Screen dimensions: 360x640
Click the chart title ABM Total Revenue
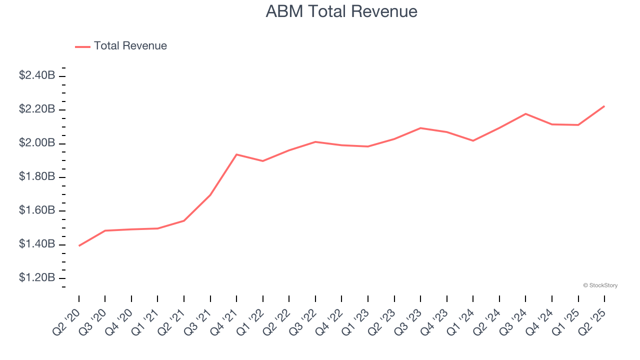click(x=341, y=11)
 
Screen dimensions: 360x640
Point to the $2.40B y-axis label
click(x=37, y=75)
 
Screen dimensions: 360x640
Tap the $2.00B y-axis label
click(x=37, y=143)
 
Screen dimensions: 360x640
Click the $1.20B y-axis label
click(x=37, y=277)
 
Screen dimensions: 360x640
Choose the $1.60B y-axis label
click(x=37, y=210)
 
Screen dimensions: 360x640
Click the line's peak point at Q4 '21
click(x=236, y=154)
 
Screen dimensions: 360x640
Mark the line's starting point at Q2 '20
click(x=79, y=245)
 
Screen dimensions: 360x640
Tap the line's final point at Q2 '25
click(x=604, y=106)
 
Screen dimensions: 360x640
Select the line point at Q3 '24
click(x=525, y=114)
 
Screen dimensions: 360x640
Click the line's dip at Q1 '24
click(x=473, y=140)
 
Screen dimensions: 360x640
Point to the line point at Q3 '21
click(x=210, y=195)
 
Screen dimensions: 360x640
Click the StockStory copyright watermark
click(x=600, y=285)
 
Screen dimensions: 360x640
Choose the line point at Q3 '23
click(x=420, y=128)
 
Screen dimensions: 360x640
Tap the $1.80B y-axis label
click(x=37, y=176)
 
